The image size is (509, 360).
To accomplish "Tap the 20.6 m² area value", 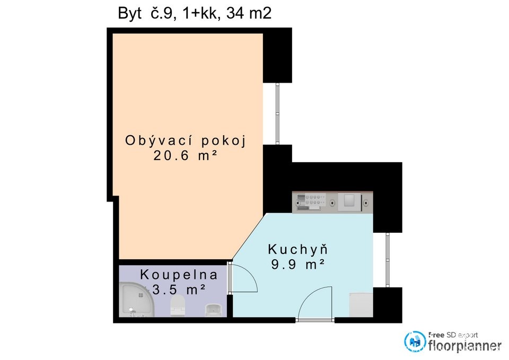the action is (x=185, y=156).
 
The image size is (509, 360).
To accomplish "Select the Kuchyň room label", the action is (x=298, y=249).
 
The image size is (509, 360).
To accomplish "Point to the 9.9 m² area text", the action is (x=298, y=265).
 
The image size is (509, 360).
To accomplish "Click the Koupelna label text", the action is (x=179, y=275).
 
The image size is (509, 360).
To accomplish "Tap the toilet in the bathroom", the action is (x=178, y=305).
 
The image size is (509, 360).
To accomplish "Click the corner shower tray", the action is (x=136, y=300).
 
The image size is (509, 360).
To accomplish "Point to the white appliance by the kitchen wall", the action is (x=361, y=305).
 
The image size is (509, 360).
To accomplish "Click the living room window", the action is (x=277, y=113).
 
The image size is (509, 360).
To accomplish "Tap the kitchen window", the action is (x=387, y=260).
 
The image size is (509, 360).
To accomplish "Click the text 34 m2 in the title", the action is (x=249, y=14).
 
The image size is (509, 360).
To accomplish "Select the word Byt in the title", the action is (x=130, y=14).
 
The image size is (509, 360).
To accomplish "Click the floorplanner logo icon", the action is (x=415, y=341).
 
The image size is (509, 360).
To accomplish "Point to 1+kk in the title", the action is (x=201, y=14).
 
